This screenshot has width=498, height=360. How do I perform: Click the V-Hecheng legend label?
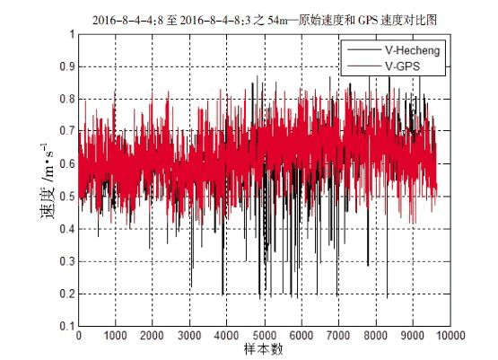point(413,50)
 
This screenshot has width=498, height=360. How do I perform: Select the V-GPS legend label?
point(402,66)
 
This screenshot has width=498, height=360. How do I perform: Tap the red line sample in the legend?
point(364,66)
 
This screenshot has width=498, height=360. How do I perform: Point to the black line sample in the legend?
point(364,50)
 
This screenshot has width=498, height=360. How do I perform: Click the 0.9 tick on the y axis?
point(67,66)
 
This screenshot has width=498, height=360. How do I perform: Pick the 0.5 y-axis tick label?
point(67,197)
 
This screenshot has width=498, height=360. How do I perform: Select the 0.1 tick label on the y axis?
point(67,326)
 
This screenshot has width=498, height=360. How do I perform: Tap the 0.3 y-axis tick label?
point(67,261)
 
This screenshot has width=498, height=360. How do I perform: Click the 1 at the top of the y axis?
point(73,34)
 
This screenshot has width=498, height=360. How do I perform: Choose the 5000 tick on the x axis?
point(264,336)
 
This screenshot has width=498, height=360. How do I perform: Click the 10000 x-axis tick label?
point(450,336)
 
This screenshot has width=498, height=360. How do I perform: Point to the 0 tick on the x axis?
point(78,336)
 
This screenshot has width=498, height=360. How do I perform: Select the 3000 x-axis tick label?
point(189,336)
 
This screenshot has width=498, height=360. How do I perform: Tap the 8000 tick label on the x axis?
point(376,336)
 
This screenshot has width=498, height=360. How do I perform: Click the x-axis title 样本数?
point(264,349)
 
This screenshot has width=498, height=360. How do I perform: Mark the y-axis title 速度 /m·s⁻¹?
point(48,181)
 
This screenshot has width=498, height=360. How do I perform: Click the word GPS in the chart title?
point(368,21)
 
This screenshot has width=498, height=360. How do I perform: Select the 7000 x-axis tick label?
point(338,336)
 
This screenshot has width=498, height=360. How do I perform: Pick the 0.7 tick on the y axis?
point(67,131)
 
